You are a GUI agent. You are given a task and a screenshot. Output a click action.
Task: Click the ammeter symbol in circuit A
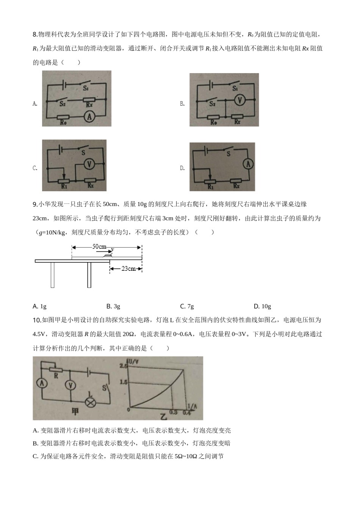tap(89, 117)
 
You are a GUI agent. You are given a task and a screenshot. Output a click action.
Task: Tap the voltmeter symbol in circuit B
tap(239, 100)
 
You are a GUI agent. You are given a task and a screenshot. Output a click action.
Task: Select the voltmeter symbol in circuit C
tap(89, 164)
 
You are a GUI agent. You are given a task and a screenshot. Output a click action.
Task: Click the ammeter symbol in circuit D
tap(248, 164)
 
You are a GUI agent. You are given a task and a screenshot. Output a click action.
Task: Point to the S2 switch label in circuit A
tap(63, 104)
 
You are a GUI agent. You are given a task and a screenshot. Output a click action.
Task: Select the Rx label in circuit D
tap(236, 186)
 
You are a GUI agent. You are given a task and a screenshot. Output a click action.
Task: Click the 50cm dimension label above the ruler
tap(99, 247)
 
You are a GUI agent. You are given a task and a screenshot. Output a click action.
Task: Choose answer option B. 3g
tap(113, 306)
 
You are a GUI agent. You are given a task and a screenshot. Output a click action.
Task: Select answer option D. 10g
tap(262, 306)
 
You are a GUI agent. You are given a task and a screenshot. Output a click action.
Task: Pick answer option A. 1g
tap(40, 306)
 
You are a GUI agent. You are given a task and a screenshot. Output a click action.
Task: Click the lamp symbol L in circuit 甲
tap(90, 402)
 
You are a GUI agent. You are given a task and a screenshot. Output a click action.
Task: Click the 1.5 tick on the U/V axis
tap(124, 382)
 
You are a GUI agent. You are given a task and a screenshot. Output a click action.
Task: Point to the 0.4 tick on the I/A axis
tap(186, 412)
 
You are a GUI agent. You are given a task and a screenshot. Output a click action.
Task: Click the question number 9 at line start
tap(35, 205)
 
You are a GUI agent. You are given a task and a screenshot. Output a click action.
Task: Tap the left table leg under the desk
tap(53, 275)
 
